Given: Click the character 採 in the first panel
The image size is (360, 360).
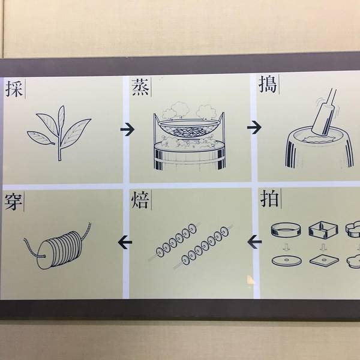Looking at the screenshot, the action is [x=14, y=89].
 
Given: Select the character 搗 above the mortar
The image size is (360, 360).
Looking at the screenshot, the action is [x=268, y=85].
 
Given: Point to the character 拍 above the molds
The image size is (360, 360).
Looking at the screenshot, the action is [x=269, y=199].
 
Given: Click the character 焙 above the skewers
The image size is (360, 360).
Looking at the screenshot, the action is [x=140, y=200].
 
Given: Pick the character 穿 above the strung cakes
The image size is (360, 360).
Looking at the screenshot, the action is [x=13, y=202].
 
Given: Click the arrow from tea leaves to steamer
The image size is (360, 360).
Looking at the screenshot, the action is [x=127, y=130].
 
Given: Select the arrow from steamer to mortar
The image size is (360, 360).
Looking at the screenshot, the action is [x=254, y=127].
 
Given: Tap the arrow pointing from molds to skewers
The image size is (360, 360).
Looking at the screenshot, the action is [x=254, y=242].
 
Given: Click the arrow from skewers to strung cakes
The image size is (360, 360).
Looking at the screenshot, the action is [x=125, y=242].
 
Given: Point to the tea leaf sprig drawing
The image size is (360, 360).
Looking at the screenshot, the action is [x=59, y=133].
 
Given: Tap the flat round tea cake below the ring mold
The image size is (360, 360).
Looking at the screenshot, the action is [x=287, y=261].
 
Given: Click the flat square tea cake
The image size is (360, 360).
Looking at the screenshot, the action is [x=324, y=260].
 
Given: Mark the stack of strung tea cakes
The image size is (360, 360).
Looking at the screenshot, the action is [x=59, y=249].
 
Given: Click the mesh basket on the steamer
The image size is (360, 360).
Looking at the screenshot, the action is [x=189, y=129].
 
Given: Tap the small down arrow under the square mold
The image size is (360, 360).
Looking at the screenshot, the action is [x=323, y=247].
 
